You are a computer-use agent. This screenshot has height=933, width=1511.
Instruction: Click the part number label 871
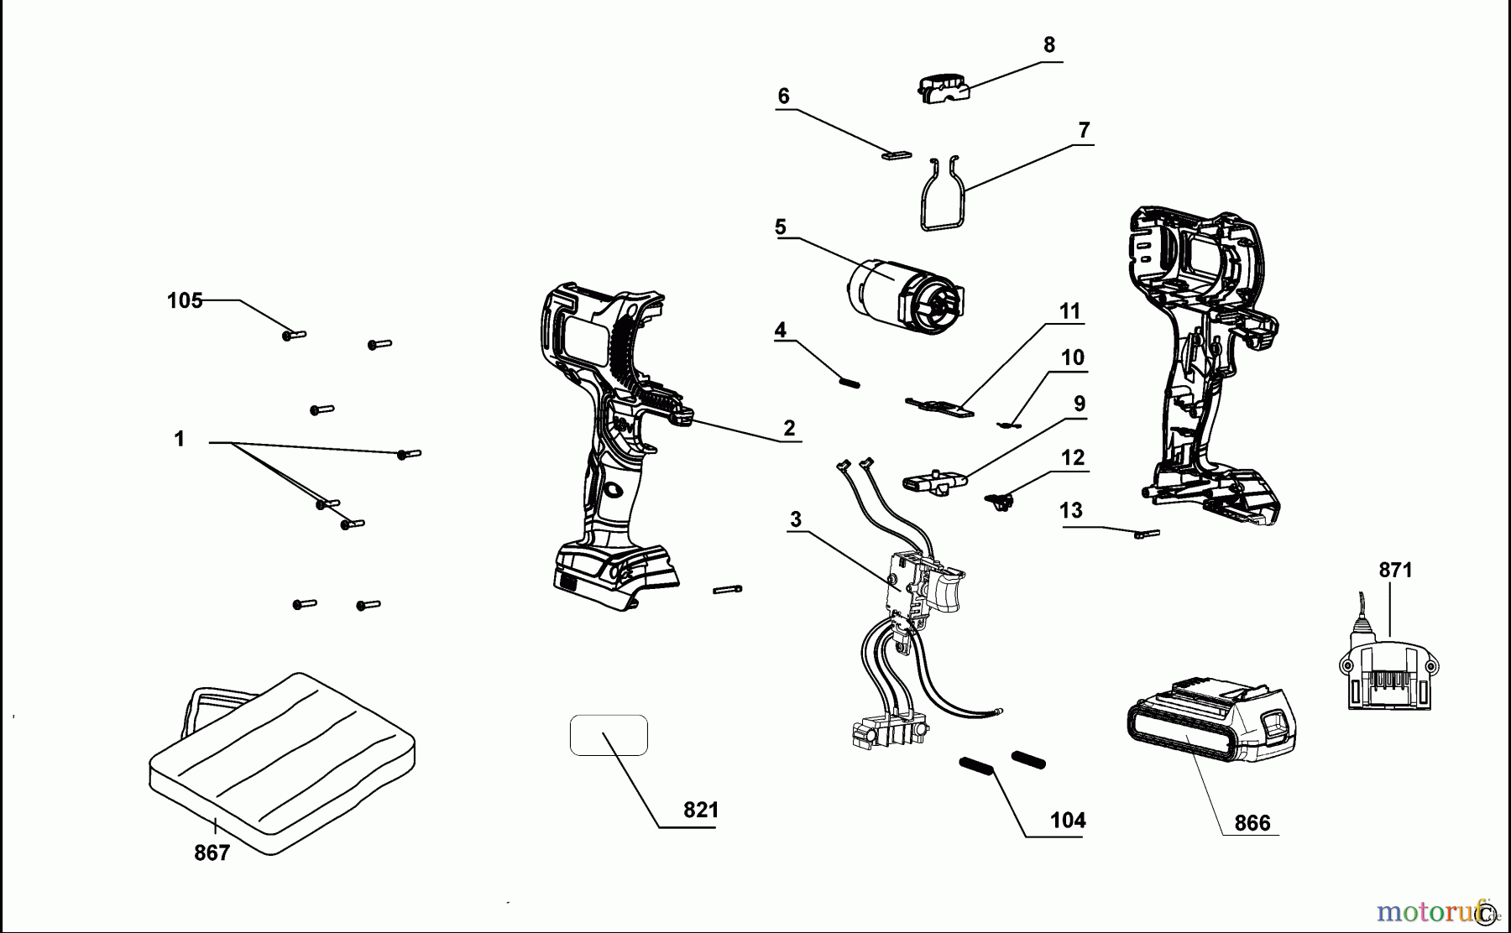tap(1395, 571)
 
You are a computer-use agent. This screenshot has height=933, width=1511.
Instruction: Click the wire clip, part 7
tap(944, 197)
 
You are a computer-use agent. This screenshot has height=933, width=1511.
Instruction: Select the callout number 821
tap(700, 811)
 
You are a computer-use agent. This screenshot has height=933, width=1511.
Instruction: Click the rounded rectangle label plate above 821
tap(609, 735)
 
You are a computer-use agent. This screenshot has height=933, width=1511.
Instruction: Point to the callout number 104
tap(1068, 821)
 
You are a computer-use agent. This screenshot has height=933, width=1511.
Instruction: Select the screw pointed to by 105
tap(294, 335)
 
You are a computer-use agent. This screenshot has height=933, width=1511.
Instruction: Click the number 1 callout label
tap(179, 439)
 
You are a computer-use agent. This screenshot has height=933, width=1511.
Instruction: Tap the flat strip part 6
tap(896, 155)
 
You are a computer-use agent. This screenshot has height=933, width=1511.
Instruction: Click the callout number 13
tap(1071, 511)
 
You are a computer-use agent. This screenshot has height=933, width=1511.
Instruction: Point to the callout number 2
tap(788, 428)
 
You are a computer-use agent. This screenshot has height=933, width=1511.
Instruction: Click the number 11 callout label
tap(1069, 312)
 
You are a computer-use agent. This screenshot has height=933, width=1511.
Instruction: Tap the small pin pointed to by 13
tap(1146, 533)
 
